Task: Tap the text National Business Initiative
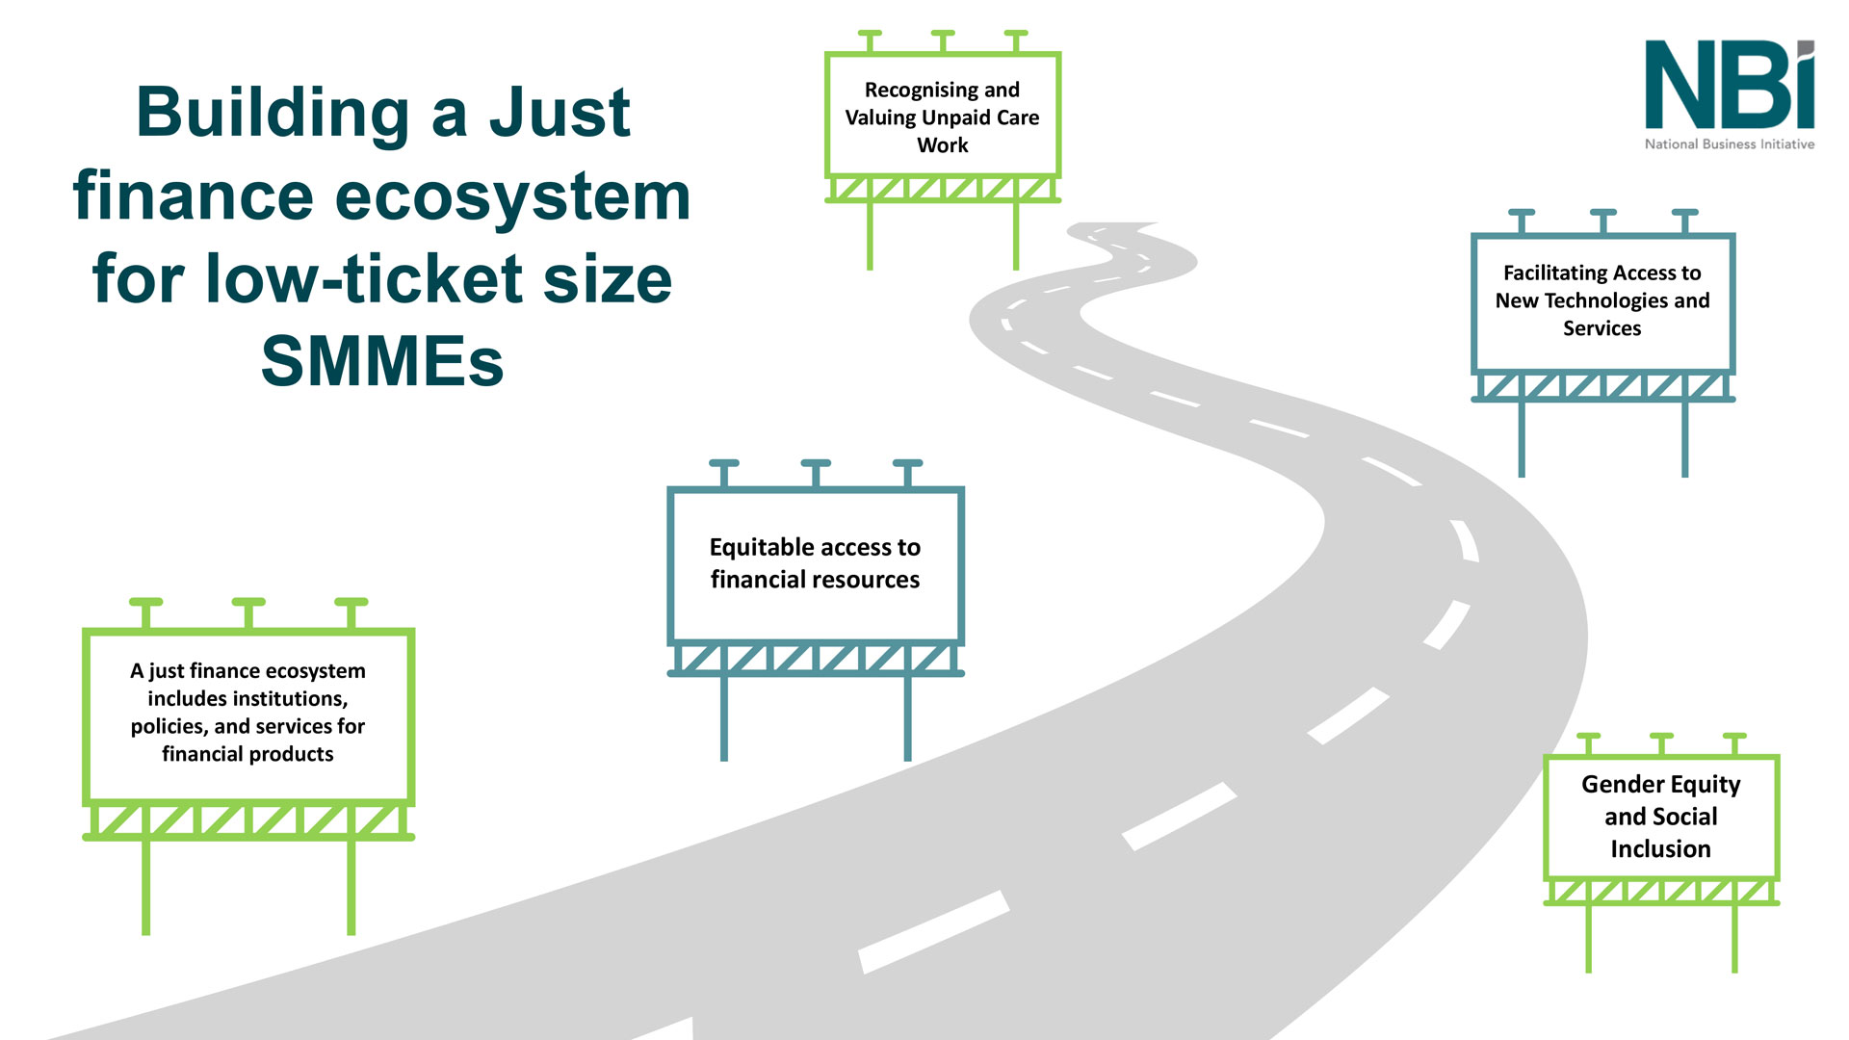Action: (x=1729, y=144)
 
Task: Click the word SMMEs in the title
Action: (x=382, y=361)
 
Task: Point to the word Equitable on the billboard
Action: (x=761, y=547)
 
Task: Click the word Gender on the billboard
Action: (x=1623, y=784)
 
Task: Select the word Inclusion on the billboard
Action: (x=1660, y=849)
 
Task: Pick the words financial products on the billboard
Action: (x=247, y=754)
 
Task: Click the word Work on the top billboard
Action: (x=942, y=145)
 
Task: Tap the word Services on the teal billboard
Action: (x=1602, y=328)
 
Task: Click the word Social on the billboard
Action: (x=1686, y=817)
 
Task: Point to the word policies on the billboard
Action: (x=169, y=726)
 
